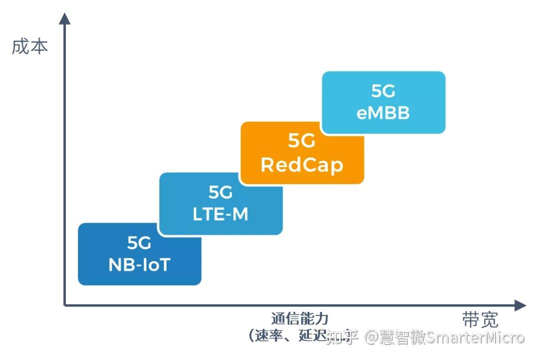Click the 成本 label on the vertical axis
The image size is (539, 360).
coord(30,47)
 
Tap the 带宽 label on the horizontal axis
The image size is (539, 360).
coord(480,320)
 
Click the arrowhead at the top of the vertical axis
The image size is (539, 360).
coord(65,18)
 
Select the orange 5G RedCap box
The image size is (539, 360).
coord(302,152)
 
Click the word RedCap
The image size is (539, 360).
coord(302,165)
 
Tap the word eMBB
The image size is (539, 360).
coord(383,113)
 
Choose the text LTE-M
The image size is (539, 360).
coord(220,215)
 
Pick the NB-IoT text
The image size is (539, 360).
coord(139,265)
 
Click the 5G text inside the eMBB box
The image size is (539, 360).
coord(383,91)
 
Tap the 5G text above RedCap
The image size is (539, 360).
coord(302,142)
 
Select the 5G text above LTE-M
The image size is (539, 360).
coord(220,193)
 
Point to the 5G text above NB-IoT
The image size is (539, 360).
coord(139,243)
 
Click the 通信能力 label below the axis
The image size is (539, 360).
coord(300,319)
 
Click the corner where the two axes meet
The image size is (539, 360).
coord(65,305)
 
